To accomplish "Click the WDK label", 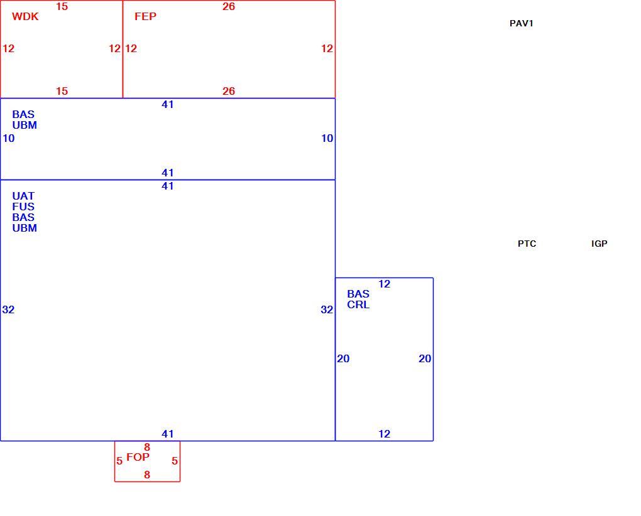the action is [25, 16].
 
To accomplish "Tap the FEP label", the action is [146, 16].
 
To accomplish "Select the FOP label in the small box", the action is [138, 457].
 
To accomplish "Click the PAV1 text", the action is [521, 24].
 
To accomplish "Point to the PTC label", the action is [527, 244].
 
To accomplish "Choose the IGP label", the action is [600, 244].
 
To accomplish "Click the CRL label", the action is [358, 305].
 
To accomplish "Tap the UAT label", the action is [23, 196].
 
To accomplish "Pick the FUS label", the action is [23, 207].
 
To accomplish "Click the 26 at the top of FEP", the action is [229, 6].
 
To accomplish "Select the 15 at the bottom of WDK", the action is [62, 92].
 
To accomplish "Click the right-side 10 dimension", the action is [327, 138].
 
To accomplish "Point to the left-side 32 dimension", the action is [8, 310].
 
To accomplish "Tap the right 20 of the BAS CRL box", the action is [425, 359].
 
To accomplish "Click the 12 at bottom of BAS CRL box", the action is [384, 434].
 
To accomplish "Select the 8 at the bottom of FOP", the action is [147, 475].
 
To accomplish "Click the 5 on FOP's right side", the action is [175, 461].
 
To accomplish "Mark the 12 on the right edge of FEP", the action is [327, 48].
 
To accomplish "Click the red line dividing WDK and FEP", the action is [123, 49].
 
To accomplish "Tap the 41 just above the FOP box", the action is [168, 434].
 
